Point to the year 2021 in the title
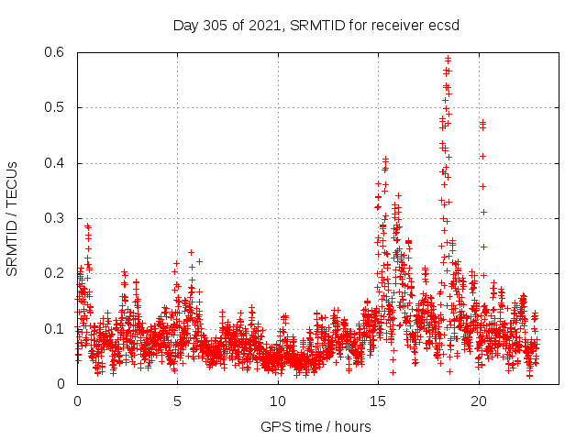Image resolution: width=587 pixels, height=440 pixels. click(x=266, y=24)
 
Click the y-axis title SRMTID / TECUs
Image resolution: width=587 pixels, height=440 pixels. click(x=13, y=218)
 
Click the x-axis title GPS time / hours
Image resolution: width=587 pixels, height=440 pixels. click(x=316, y=426)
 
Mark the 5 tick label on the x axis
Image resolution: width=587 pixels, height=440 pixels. click(x=178, y=401)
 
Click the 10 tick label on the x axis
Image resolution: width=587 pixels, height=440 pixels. click(x=278, y=401)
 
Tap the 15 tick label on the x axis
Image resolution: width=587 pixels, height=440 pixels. click(x=378, y=401)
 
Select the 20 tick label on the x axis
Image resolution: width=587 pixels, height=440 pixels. click(x=478, y=401)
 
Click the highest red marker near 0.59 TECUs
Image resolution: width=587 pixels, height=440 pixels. click(x=448, y=59)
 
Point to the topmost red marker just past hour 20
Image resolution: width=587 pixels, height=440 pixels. click(x=482, y=121)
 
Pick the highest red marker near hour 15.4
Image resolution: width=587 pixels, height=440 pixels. click(x=386, y=159)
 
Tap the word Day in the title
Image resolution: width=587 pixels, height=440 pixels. click(x=185, y=24)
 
